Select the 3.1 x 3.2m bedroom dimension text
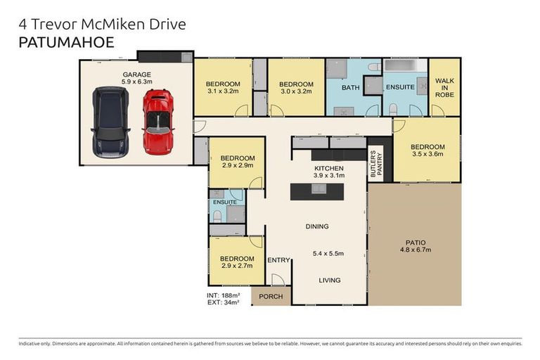(224, 91)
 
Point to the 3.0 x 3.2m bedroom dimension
(297, 91)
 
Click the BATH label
(351, 88)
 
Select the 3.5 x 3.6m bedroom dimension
(427, 154)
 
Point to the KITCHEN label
(328, 168)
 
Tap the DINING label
(317, 226)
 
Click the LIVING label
(328, 280)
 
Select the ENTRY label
(278, 260)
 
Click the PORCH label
(271, 297)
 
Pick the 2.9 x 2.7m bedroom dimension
(236, 267)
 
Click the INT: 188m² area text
(224, 295)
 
